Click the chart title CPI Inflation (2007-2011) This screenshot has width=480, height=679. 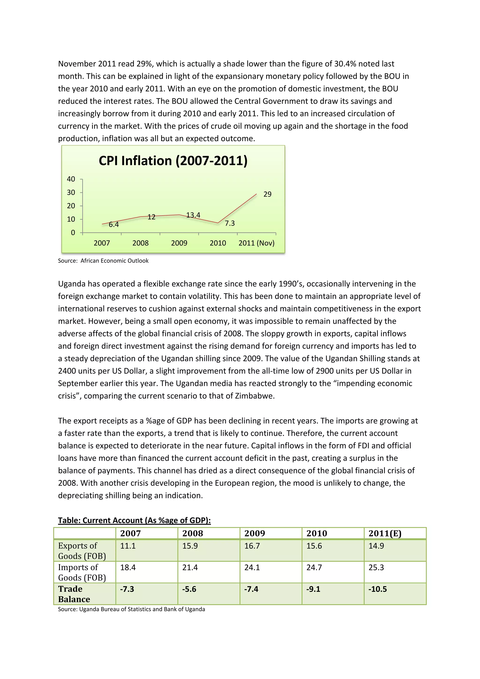click(x=173, y=161)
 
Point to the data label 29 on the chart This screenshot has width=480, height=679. click(x=267, y=194)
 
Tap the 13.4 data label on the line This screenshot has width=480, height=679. click(x=193, y=215)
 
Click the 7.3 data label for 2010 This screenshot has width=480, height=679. click(x=230, y=223)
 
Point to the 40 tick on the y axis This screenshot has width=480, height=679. click(x=71, y=179)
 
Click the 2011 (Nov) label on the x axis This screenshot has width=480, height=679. click(x=256, y=243)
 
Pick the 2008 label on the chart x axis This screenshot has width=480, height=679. click(x=140, y=243)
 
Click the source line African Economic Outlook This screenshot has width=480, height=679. click(x=103, y=260)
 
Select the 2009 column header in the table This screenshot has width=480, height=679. click(x=255, y=533)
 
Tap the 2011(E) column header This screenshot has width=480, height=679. click(x=385, y=533)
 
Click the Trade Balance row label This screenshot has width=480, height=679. click(x=74, y=594)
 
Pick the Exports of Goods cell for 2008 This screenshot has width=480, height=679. click(x=190, y=546)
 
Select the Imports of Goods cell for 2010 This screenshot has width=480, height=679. click(x=314, y=567)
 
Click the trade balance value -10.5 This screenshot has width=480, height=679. click(x=377, y=589)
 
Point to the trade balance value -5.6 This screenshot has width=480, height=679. click(x=189, y=589)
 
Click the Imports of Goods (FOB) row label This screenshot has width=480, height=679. click(x=82, y=573)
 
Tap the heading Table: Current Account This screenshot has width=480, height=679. click(x=134, y=521)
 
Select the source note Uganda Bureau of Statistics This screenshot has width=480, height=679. click(x=131, y=609)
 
